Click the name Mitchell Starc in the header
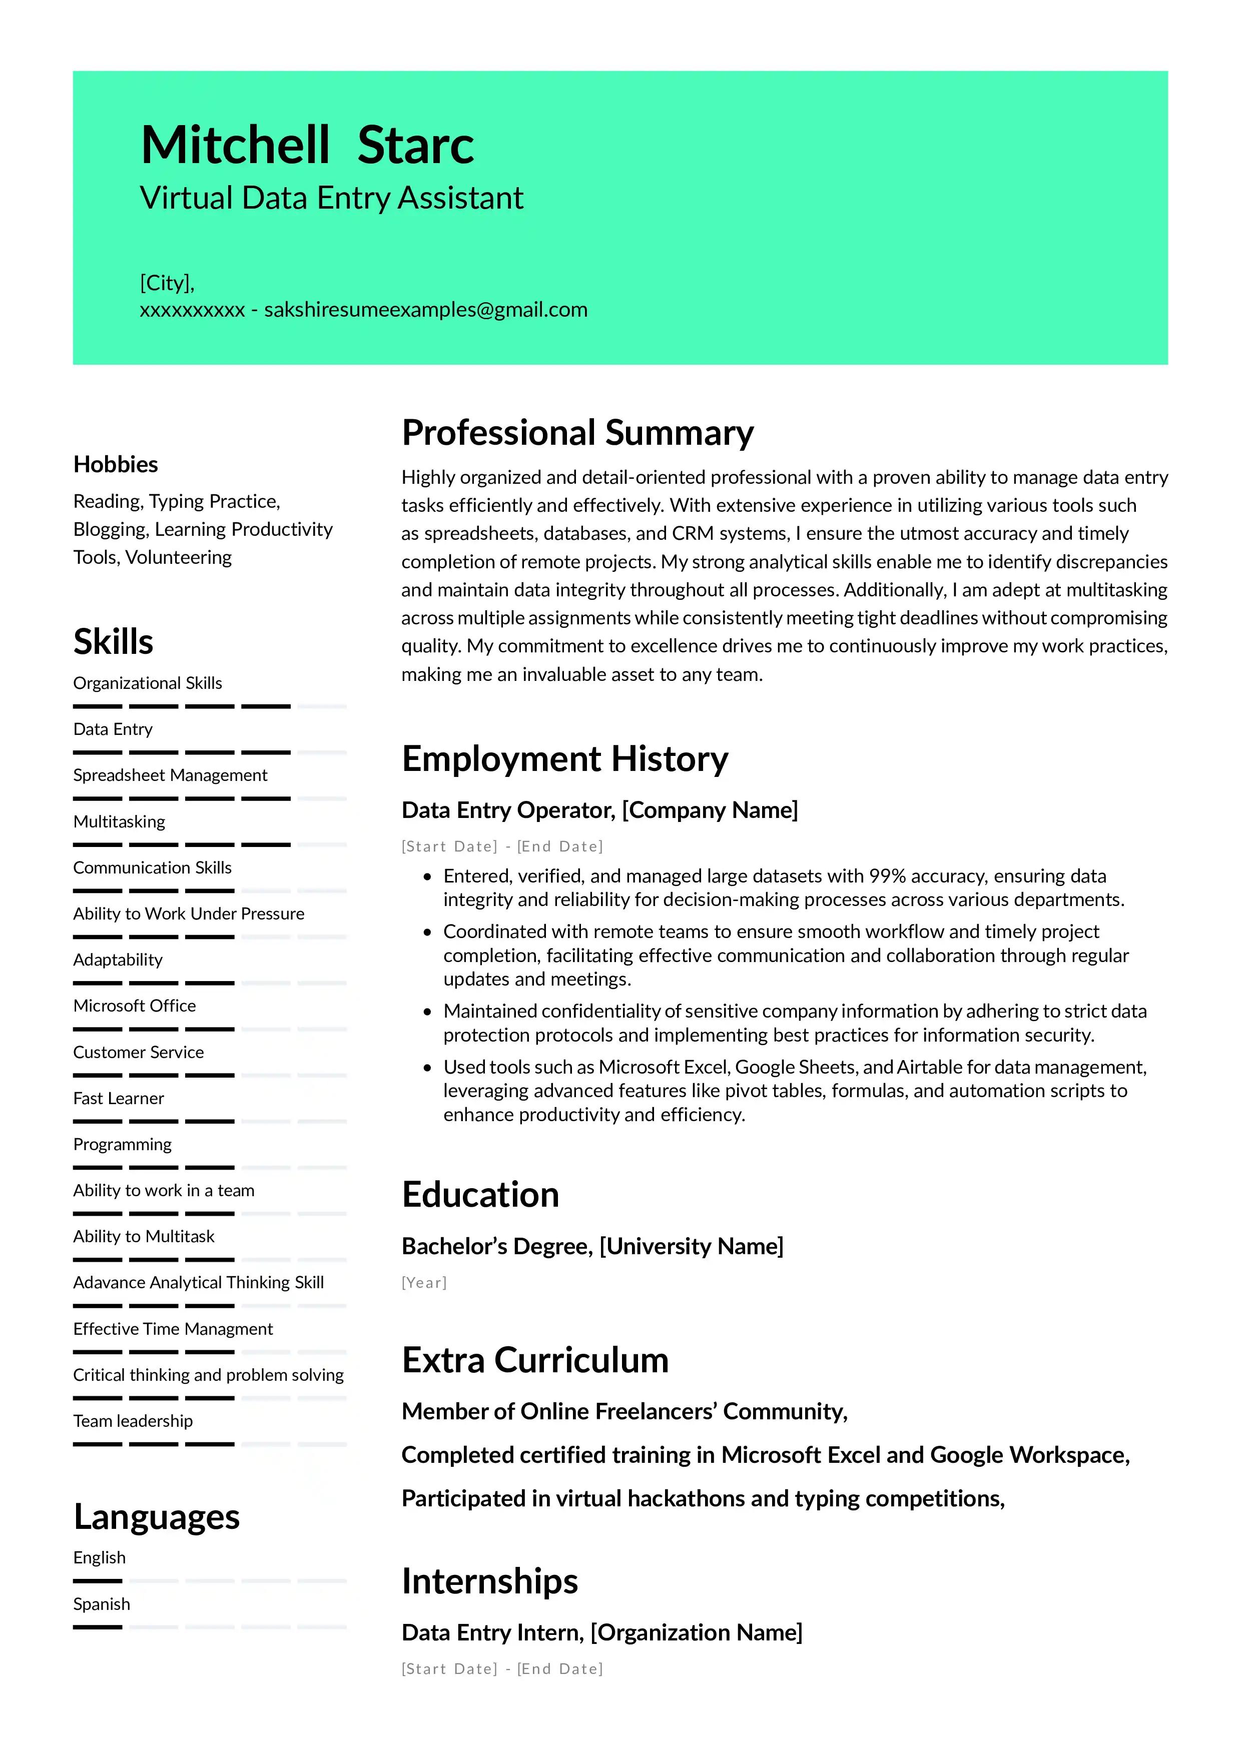point(307,145)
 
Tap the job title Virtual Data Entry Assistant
point(331,198)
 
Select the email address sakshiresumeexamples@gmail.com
point(426,310)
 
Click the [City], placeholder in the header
point(167,283)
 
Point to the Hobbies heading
point(116,464)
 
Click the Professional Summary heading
point(577,433)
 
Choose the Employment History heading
point(564,759)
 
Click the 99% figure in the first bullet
point(887,876)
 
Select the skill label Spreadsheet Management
point(170,775)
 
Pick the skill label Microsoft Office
point(135,1006)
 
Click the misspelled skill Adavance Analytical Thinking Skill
point(198,1283)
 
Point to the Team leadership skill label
point(133,1421)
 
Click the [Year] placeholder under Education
point(424,1283)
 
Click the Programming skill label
point(122,1144)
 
